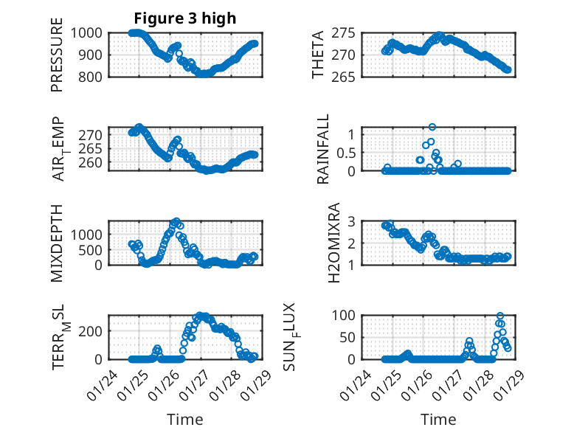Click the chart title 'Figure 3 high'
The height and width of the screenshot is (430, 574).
tap(185, 18)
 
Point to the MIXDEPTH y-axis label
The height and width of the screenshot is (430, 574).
tap(58, 242)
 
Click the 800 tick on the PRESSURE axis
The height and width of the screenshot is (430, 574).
tap(92, 77)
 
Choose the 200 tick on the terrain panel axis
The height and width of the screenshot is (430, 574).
tap(92, 330)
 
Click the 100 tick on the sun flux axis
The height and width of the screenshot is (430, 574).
tap(348, 316)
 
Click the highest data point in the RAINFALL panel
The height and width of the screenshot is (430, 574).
tap(432, 127)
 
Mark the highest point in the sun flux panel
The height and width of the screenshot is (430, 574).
tap(500, 316)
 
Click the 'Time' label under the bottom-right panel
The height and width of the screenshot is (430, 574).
tap(438, 419)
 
